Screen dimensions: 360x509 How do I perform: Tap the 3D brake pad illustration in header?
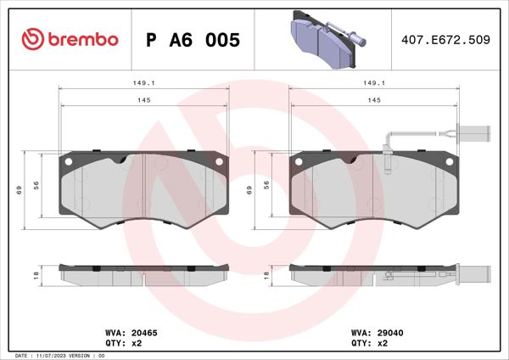coord(322,38)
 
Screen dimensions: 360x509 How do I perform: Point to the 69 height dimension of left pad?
coord(19,190)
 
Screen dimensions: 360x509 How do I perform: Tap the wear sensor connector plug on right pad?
coord(474,132)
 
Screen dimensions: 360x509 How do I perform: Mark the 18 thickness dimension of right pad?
coord(266,275)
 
